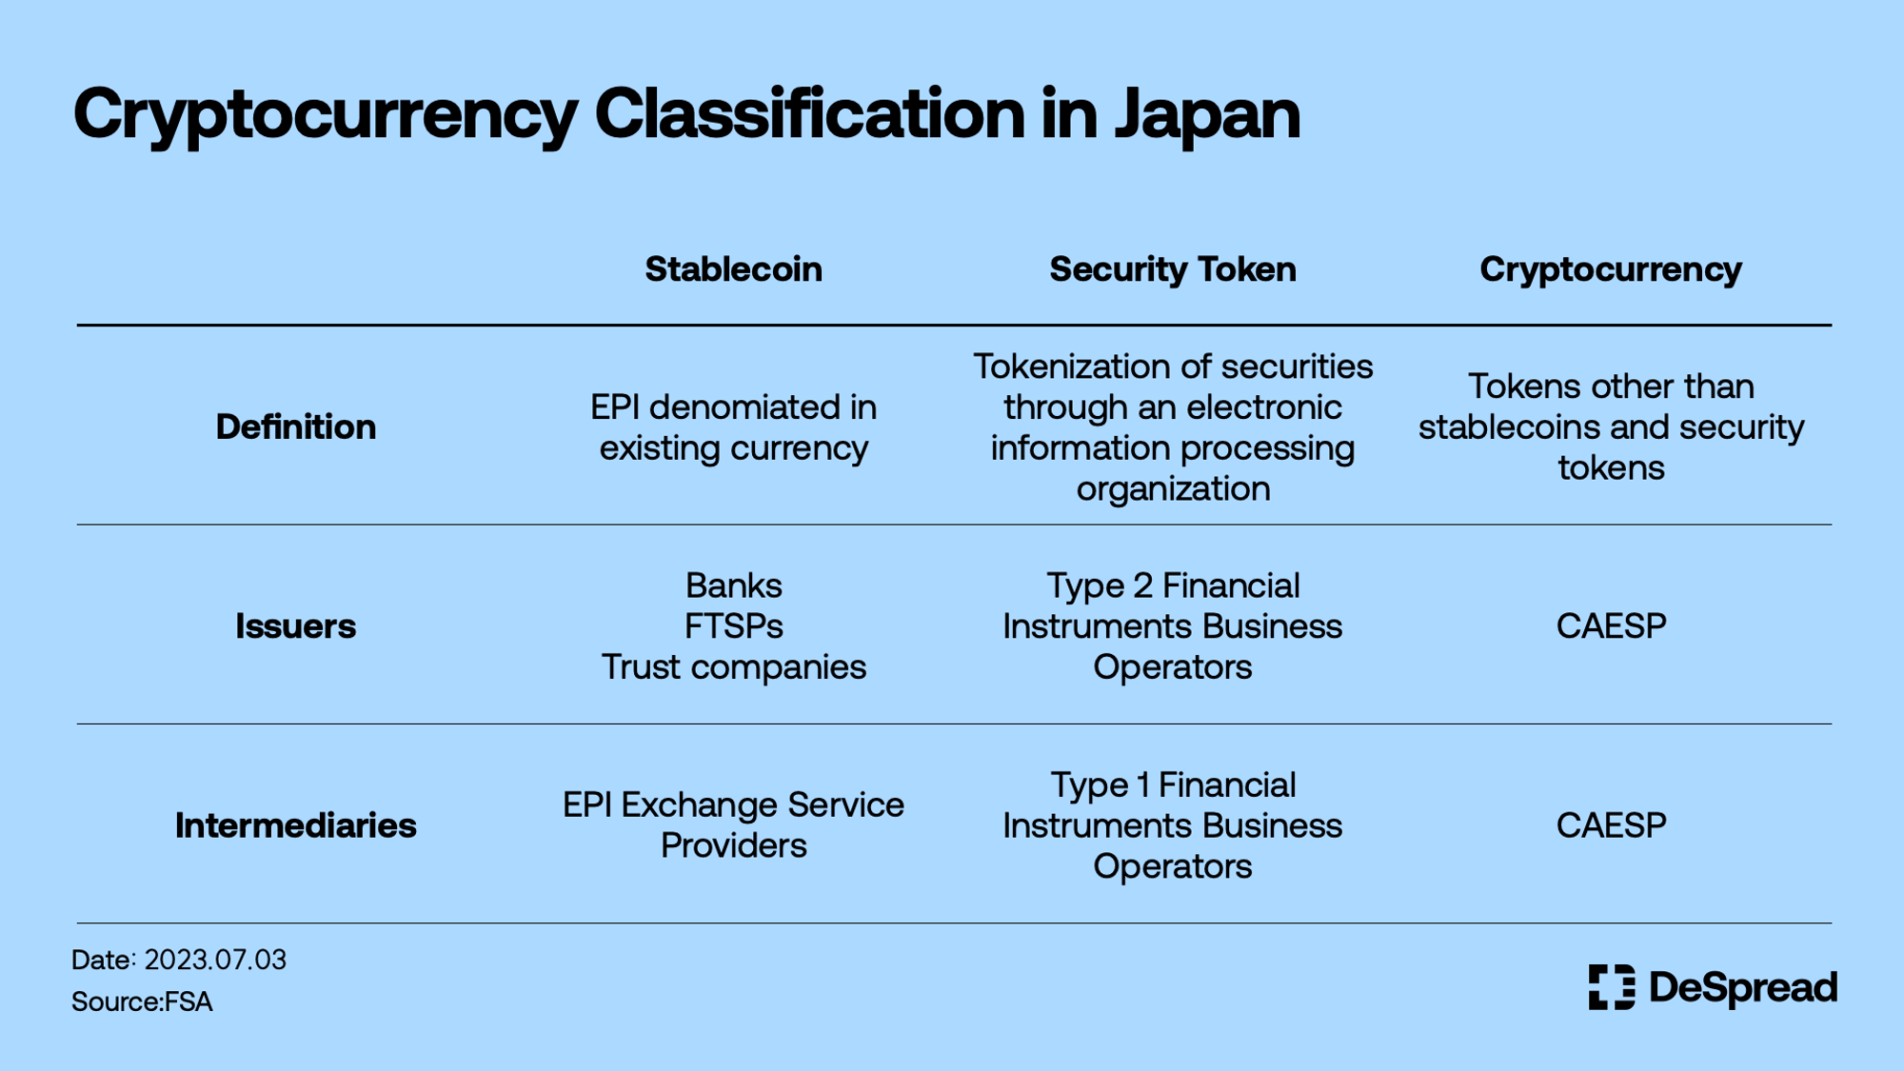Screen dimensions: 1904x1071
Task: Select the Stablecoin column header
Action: point(733,269)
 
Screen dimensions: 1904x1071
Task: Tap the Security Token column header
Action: point(1173,269)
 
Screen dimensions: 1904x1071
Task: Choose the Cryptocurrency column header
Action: point(1611,269)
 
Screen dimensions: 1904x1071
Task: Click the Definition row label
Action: point(296,426)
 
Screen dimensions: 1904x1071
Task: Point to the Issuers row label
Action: point(296,626)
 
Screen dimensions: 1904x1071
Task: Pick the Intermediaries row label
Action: point(296,825)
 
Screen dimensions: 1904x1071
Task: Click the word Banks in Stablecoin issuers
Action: point(734,585)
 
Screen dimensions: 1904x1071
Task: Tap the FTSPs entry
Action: point(734,626)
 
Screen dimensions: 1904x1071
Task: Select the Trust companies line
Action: point(734,667)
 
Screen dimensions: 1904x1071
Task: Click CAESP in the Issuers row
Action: point(1611,626)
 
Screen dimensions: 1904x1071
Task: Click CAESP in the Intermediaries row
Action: point(1611,825)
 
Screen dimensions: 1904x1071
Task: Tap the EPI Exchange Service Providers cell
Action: point(734,825)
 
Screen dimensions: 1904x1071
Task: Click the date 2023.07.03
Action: point(215,960)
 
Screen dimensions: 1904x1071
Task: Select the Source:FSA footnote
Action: point(142,1002)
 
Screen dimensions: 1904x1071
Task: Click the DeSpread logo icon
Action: point(1612,987)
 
